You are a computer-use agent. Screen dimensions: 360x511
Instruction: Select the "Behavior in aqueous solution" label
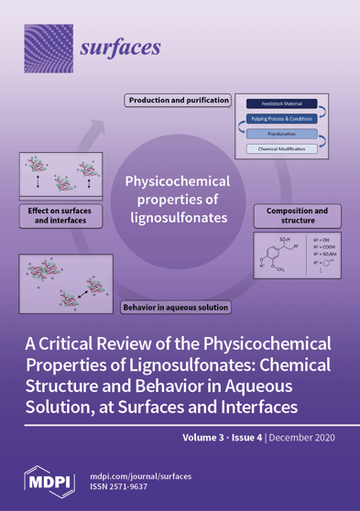176,307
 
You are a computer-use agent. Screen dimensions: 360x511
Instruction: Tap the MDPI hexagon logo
46,483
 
